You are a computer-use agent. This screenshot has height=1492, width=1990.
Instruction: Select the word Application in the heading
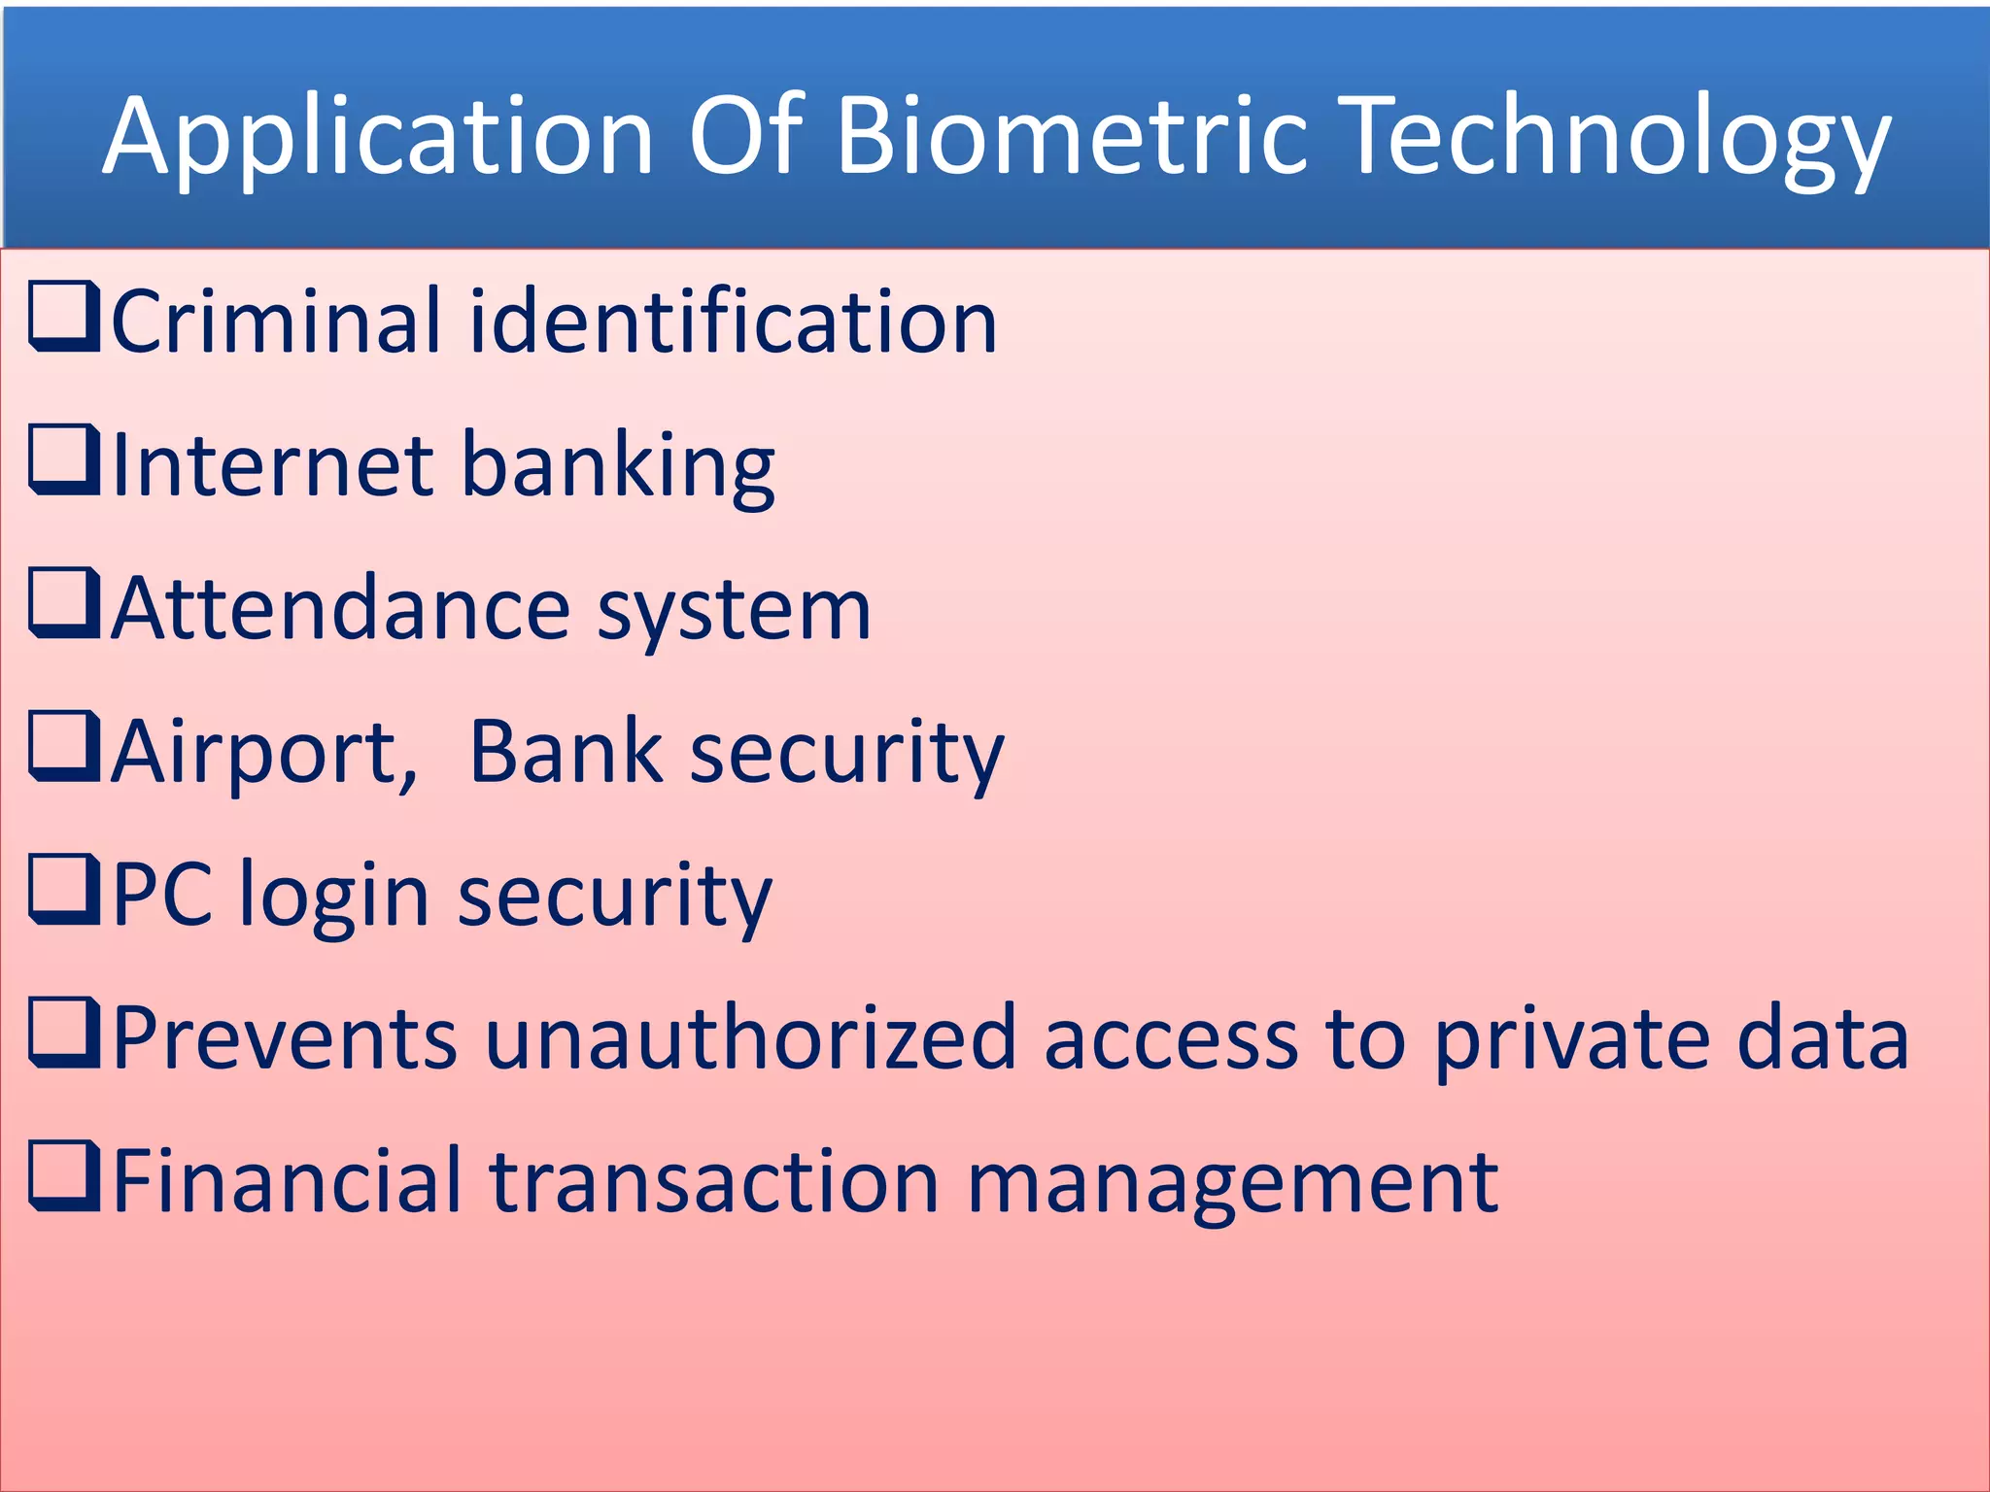378,136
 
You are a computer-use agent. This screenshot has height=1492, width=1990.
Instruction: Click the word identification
733,322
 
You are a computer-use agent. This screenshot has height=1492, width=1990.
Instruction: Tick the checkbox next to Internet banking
64,458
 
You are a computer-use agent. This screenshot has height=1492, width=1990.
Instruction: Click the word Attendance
340,609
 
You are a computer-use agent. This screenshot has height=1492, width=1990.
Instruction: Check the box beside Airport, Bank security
64,745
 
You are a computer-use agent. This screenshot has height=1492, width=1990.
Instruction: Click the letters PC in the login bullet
162,895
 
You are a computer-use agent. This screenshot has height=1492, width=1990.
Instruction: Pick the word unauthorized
751,1038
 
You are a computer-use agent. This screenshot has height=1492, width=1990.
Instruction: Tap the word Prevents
285,1038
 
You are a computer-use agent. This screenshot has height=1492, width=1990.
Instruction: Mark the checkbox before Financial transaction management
64,1175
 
